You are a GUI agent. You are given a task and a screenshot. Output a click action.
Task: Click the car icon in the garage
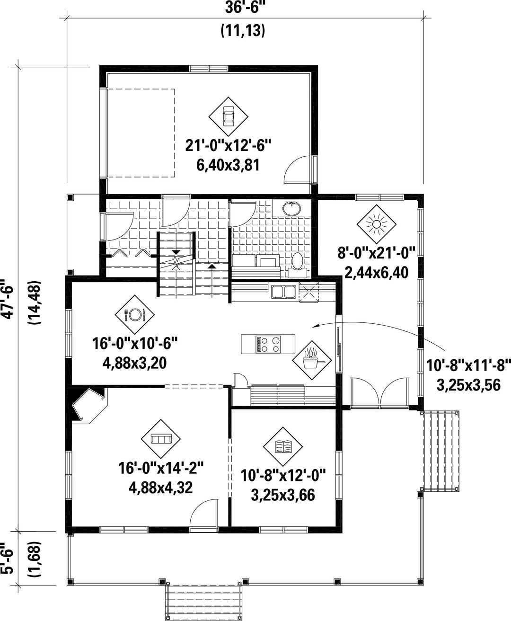[228, 116]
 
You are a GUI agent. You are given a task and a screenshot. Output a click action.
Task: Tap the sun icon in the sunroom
[376, 224]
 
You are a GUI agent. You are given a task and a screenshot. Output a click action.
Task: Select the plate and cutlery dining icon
[135, 315]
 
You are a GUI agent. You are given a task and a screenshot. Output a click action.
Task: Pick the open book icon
[283, 447]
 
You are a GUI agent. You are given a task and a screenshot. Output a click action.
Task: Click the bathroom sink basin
[291, 209]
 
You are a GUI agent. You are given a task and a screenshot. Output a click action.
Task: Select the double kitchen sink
[284, 292]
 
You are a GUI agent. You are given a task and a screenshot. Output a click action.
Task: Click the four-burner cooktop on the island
[268, 344]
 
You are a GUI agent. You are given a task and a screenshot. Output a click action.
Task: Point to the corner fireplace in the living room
[88, 406]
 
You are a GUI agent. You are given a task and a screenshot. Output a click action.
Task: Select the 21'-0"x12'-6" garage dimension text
[228, 145]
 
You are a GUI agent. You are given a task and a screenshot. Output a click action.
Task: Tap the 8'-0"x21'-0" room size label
[377, 253]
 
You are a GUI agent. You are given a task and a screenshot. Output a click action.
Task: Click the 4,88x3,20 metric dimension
[135, 363]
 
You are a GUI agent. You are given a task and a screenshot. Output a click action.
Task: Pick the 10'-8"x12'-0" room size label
[283, 475]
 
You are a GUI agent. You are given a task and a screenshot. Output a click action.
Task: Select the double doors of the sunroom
[380, 393]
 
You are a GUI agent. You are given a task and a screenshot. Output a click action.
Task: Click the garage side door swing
[298, 169]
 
